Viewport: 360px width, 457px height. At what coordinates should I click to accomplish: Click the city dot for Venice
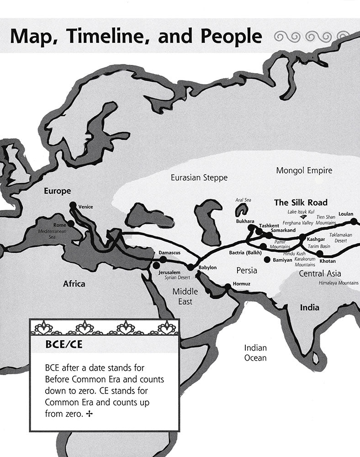point(73,205)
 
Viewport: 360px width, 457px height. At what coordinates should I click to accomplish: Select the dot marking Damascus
point(163,260)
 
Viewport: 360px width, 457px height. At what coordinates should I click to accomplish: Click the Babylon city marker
point(191,267)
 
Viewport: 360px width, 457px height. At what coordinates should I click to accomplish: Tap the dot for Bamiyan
point(267,260)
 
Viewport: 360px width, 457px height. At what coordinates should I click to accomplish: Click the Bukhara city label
point(245,221)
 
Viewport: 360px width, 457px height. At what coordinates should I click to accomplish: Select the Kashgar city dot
point(302,237)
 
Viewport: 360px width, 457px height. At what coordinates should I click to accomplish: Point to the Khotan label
point(327,261)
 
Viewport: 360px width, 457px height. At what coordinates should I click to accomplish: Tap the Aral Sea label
point(244,200)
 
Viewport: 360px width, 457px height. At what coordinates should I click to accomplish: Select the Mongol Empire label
point(304,170)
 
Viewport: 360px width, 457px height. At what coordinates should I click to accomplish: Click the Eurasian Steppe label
point(199,177)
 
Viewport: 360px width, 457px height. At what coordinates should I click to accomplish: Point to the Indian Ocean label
point(255,352)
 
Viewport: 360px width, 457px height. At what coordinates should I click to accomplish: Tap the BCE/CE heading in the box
point(64,344)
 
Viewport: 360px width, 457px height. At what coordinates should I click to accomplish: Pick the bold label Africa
point(74,284)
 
